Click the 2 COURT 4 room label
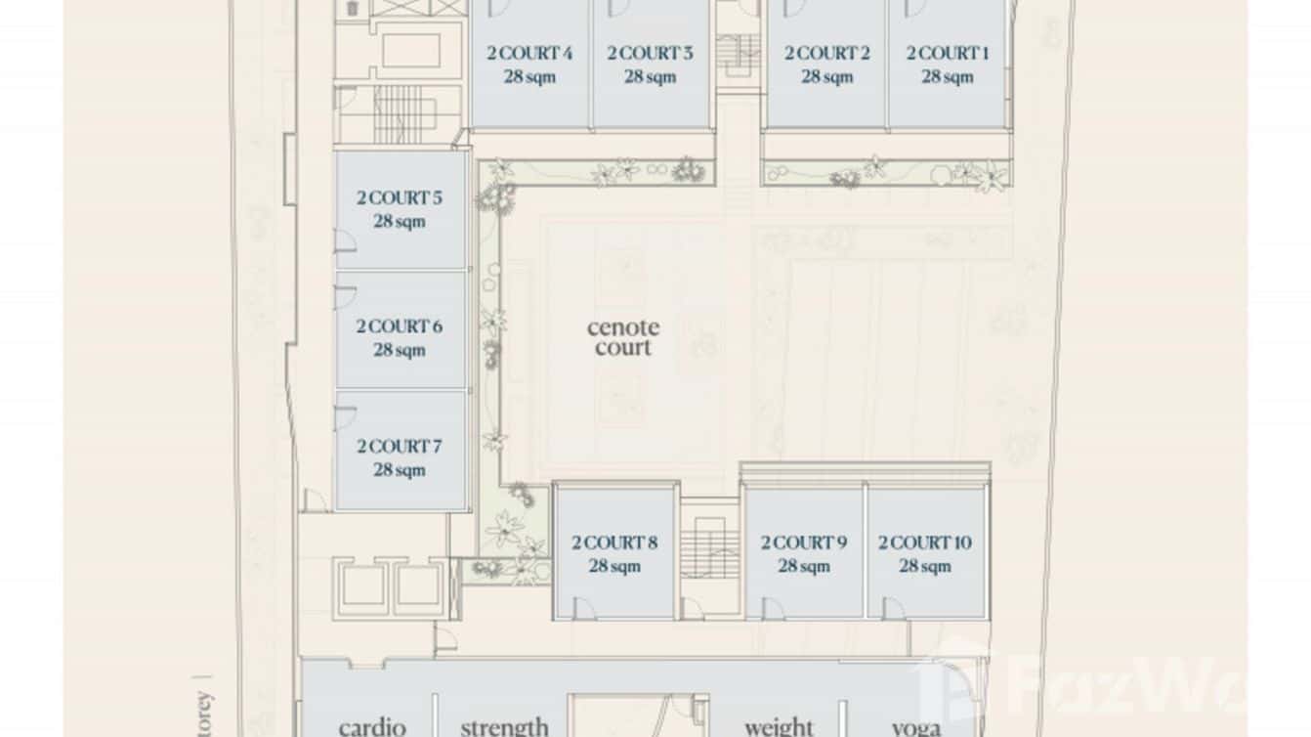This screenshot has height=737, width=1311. click(x=529, y=53)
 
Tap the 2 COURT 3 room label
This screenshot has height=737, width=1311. click(x=650, y=53)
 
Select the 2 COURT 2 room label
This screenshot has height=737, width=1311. click(x=826, y=53)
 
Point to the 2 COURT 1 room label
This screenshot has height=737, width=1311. click(x=947, y=53)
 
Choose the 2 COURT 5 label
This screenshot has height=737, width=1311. click(x=399, y=197)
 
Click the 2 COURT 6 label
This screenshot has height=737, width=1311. click(x=399, y=325)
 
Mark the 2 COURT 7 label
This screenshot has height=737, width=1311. click(x=399, y=446)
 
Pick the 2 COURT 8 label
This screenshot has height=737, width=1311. click(x=614, y=542)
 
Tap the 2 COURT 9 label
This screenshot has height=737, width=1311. click(x=804, y=542)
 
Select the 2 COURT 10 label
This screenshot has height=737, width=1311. click(x=924, y=542)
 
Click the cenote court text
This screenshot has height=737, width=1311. click(x=622, y=336)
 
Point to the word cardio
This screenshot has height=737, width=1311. click(x=372, y=726)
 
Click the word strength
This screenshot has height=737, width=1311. click(x=504, y=726)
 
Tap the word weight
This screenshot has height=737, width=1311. click(x=779, y=726)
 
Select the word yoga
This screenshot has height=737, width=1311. click(x=916, y=726)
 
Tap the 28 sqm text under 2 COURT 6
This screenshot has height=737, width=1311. click(x=399, y=349)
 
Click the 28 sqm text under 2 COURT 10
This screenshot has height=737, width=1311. click(x=924, y=565)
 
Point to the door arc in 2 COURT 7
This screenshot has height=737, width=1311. click(x=345, y=418)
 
